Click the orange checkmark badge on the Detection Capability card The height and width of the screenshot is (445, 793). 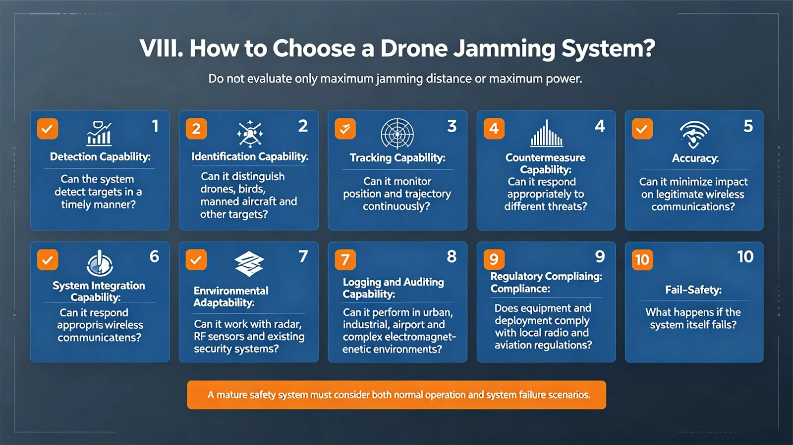(48, 129)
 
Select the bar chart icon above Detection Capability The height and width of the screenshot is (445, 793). (99, 133)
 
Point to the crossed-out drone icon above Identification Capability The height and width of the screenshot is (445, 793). (250, 134)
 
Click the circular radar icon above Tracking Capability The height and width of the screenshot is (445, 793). (397, 134)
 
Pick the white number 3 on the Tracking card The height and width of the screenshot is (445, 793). (452, 126)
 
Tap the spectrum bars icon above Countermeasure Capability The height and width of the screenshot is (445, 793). (547, 133)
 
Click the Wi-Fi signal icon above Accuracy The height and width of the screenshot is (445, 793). (694, 134)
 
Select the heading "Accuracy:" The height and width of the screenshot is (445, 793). (695, 158)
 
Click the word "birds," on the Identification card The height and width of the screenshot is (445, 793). (252, 189)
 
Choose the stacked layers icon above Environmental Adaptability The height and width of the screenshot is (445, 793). (249, 264)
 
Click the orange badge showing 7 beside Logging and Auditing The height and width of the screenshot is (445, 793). (345, 260)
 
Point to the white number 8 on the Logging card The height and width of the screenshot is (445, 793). (452, 256)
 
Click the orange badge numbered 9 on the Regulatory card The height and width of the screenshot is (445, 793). (494, 260)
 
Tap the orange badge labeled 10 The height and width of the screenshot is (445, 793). (642, 260)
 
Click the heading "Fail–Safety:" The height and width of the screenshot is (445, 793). (693, 290)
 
